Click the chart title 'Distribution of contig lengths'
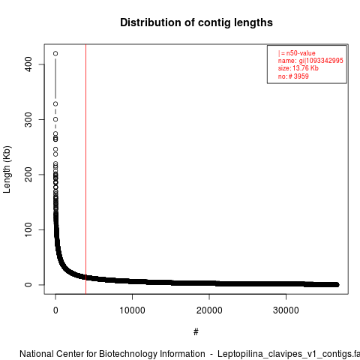[x=196, y=22]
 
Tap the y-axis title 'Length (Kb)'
[x=7, y=169]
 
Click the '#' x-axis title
[x=196, y=332]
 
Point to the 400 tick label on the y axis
[x=28, y=64]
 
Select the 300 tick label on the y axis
[x=28, y=119]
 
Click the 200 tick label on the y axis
[x=28, y=175]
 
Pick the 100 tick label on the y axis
[x=28, y=229]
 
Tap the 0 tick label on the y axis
[x=28, y=285]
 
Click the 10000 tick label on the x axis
[x=132, y=310]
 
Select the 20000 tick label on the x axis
[x=209, y=310]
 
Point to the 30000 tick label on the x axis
[x=286, y=310]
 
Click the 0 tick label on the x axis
[x=55, y=310]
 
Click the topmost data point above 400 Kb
[x=55, y=53]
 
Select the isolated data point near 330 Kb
[x=55, y=103]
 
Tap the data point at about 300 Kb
[x=55, y=119]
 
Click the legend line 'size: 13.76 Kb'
[x=298, y=68]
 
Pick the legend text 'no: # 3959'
[x=293, y=76]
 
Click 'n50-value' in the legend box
[x=301, y=53]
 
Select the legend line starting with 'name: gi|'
[x=310, y=61]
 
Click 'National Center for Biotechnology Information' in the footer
[x=112, y=354]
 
